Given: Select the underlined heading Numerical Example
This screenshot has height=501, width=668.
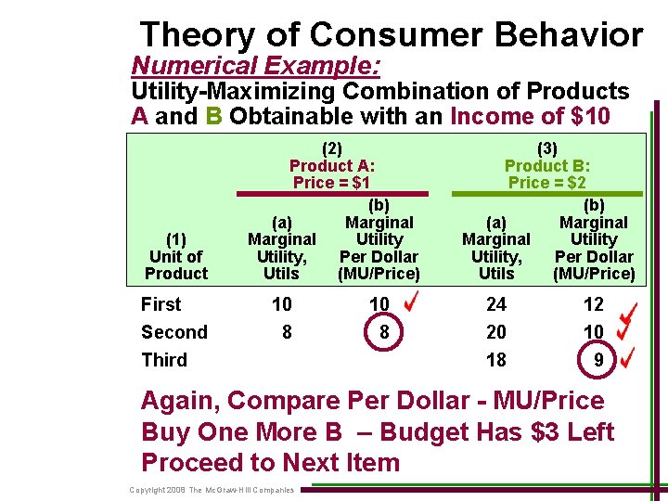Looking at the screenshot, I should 257,66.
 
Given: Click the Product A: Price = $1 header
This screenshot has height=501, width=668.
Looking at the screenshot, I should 333,165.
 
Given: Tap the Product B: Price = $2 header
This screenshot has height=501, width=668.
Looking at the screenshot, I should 547,165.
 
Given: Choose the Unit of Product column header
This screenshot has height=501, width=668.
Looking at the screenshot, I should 176,256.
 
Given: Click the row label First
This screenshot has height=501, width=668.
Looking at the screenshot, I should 161,304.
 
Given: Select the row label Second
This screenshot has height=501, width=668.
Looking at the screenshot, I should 173,332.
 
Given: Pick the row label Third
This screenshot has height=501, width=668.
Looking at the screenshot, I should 164,360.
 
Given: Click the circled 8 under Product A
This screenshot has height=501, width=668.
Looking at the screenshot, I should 379,332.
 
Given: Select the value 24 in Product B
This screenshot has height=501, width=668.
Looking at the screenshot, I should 496,304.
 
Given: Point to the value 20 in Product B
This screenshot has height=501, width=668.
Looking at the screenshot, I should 496,332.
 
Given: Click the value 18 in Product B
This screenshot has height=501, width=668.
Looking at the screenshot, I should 496,360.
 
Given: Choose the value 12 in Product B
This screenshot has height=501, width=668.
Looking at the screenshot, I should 594,304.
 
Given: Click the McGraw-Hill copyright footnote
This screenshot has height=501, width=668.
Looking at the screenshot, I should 212,490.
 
